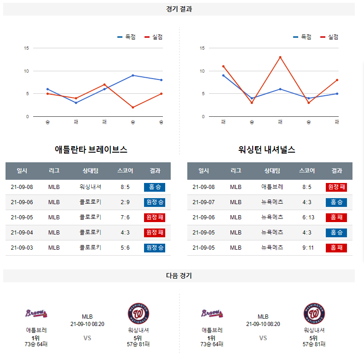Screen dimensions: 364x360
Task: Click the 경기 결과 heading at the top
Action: tap(179, 9)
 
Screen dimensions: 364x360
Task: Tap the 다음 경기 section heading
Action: tap(179, 275)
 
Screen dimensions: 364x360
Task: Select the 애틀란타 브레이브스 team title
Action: tap(91, 149)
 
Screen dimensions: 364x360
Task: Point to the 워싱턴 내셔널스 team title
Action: tap(267, 149)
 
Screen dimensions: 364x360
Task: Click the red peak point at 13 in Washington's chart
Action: tap(280, 57)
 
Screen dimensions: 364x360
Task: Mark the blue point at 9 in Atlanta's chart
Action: tap(133, 75)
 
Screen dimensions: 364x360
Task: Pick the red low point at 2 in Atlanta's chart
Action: tap(133, 108)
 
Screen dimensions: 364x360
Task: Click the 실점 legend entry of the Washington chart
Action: tap(329, 37)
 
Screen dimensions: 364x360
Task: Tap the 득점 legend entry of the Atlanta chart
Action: tap(127, 37)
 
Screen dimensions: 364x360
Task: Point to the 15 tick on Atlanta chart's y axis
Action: tap(27, 48)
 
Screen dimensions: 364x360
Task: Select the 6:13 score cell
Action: tap(308, 217)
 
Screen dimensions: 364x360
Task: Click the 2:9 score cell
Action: tap(125, 202)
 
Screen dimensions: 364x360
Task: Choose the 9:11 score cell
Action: tap(308, 248)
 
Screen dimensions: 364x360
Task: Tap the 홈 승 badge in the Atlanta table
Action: tap(154, 187)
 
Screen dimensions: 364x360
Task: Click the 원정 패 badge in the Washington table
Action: tap(336, 187)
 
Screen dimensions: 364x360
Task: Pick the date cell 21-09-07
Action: tap(203, 202)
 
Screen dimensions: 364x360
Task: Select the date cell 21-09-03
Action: tap(22, 248)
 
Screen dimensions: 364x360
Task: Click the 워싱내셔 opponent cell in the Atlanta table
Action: tap(90, 187)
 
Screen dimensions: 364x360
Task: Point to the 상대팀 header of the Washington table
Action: tap(272, 171)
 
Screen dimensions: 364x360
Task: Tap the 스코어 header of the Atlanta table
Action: tap(125, 171)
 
